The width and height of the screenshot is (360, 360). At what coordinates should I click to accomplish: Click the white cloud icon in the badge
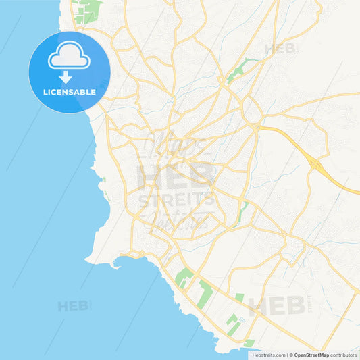[x=68, y=57]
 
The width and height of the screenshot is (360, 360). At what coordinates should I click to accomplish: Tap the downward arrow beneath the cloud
[x=69, y=76]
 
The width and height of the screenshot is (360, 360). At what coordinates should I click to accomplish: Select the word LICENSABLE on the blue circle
[x=69, y=91]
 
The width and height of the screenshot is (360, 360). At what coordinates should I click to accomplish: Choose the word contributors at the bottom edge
[x=343, y=354]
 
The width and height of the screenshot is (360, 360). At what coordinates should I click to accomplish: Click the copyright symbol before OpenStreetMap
[x=291, y=354]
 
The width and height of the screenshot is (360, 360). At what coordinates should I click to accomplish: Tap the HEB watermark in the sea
[x=73, y=306]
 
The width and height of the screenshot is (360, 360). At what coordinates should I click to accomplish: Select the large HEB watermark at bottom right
[x=276, y=306]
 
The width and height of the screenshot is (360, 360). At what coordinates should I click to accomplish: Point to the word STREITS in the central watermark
[x=177, y=200]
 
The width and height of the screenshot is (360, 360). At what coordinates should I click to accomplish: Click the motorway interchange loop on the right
[x=315, y=163]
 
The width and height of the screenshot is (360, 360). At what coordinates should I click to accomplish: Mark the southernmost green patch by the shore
[x=249, y=343]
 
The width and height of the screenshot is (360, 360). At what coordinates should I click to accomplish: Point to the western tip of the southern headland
[x=87, y=260]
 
